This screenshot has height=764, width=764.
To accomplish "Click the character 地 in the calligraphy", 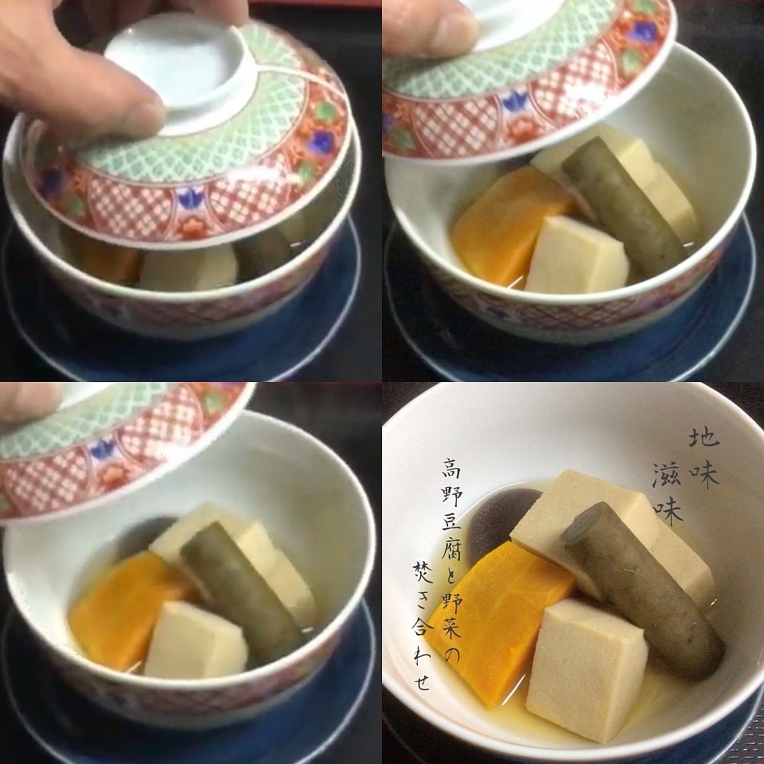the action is (x=704, y=437).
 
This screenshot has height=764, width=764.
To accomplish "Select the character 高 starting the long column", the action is (x=452, y=468).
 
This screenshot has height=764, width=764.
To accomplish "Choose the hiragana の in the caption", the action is (x=452, y=656).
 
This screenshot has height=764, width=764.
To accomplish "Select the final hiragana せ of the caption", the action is (x=422, y=680).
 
